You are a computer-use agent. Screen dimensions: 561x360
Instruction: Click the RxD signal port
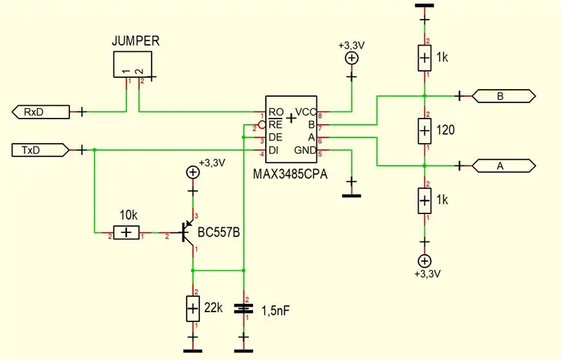[41, 112]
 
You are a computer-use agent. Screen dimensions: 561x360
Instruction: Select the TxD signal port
[41, 150]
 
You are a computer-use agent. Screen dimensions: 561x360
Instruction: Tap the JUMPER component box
[133, 65]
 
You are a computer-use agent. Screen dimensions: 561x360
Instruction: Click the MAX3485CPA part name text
[290, 175]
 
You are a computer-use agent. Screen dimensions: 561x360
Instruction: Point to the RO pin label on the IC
[276, 112]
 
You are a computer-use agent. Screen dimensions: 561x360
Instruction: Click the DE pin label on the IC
[275, 138]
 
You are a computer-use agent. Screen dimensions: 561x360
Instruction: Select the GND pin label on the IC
[305, 150]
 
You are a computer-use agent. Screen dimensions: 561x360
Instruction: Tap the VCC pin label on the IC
[306, 112]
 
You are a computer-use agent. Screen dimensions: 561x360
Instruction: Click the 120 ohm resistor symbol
[424, 131]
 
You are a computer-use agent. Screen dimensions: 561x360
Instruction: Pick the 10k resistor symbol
[126, 233]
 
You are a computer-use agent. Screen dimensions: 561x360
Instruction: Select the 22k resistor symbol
[193, 309]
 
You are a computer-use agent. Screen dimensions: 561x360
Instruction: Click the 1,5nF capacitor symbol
[243, 309]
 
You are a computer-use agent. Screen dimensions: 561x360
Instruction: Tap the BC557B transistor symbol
[187, 232]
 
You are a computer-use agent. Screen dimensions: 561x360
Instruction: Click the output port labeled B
[503, 96]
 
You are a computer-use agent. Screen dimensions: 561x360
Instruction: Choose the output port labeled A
[503, 166]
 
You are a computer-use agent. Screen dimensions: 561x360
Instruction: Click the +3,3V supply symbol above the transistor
[193, 173]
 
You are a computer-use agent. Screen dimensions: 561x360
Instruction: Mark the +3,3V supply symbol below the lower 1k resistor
[424, 261]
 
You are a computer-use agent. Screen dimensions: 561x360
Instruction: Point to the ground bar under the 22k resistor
[193, 351]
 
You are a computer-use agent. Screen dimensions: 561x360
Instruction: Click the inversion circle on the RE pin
[262, 125]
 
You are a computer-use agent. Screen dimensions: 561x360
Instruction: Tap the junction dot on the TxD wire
[95, 150]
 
